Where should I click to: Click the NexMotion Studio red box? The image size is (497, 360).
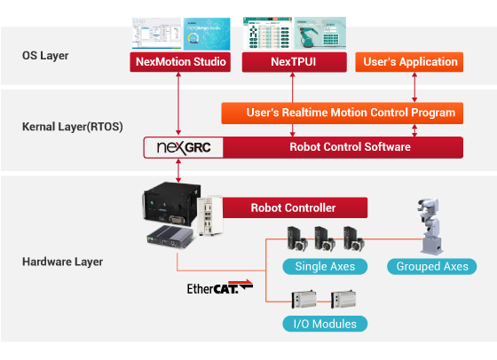click(x=180, y=62)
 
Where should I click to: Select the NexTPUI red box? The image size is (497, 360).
click(x=293, y=62)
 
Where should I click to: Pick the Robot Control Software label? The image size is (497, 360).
click(x=351, y=146)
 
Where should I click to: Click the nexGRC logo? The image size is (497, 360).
click(x=185, y=146)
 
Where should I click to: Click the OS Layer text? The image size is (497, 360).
click(x=45, y=56)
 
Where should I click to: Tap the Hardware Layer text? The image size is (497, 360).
click(x=62, y=262)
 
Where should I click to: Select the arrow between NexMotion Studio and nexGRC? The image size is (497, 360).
click(x=180, y=105)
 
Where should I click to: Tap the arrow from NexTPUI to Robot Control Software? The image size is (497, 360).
click(x=293, y=105)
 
